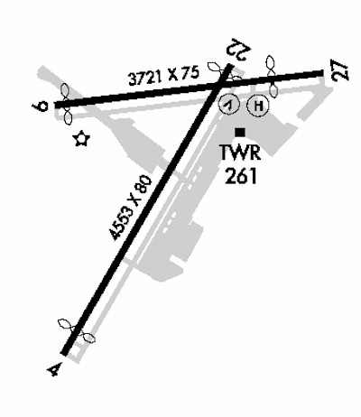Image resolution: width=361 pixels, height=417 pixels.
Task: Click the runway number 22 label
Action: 239,49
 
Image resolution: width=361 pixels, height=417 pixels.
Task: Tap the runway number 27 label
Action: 340,69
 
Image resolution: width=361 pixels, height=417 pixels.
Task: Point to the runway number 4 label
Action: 55,369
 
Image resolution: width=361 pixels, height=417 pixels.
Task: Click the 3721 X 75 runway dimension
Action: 164,76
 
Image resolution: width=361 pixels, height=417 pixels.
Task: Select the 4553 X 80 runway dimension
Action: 131,208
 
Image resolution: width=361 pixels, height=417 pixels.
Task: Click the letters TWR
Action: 240,153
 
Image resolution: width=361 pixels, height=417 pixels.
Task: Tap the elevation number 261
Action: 241,175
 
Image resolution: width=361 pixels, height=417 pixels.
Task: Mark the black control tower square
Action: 240,132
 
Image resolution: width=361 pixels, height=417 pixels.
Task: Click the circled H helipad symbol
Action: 257,106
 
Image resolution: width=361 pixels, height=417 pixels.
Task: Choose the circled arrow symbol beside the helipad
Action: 229,105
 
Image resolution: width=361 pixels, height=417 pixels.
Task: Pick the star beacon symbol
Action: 81,139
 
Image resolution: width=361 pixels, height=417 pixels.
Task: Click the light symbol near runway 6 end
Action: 66,104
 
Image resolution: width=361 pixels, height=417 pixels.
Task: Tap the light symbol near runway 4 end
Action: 77,330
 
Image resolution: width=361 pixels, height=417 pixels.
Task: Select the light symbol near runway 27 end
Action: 272,77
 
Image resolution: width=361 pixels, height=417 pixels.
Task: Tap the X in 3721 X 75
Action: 173,75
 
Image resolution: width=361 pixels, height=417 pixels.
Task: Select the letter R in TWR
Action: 255,153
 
